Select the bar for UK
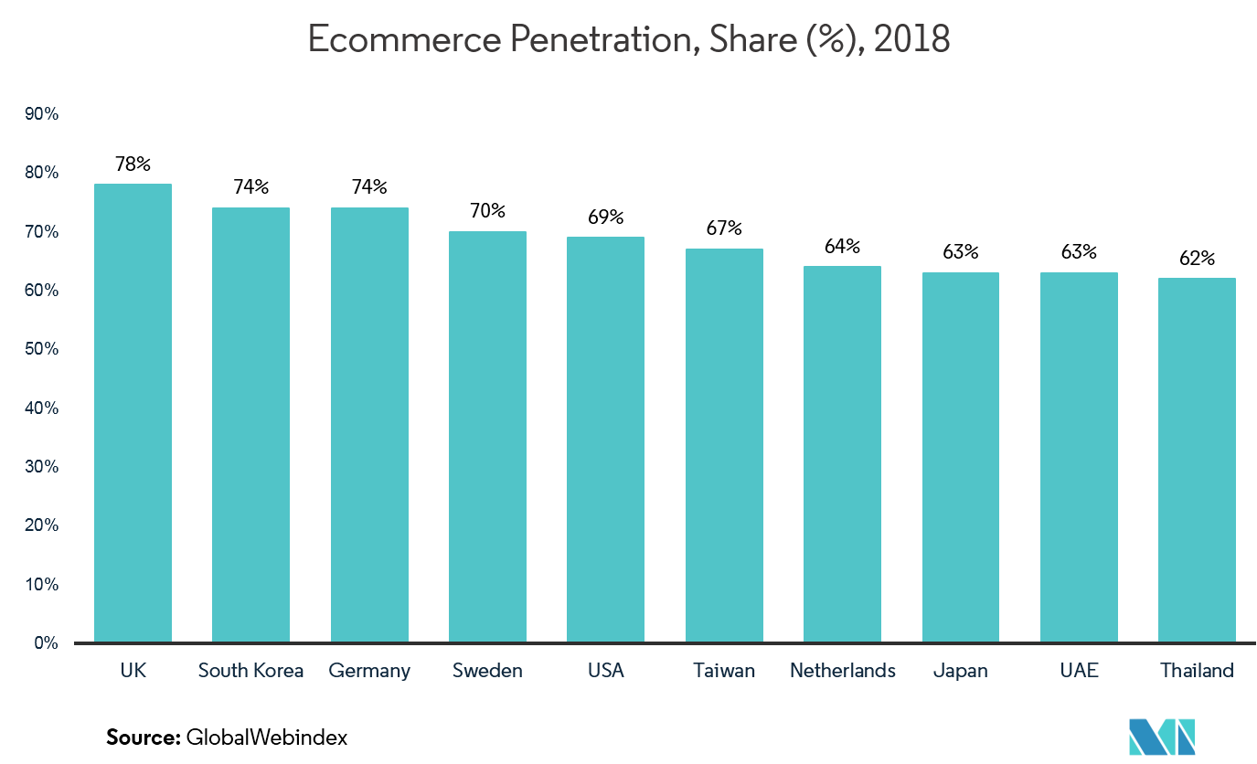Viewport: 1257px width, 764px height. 133,413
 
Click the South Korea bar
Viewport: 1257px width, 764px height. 250,425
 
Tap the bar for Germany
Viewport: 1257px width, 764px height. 369,425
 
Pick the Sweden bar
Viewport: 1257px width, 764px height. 487,437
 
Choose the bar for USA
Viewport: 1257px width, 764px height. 605,440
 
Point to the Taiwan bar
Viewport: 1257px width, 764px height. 724,445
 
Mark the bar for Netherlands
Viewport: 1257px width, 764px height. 842,454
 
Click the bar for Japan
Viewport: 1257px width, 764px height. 960,457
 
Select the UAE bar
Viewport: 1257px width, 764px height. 1079,457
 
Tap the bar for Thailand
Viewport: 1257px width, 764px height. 1197,460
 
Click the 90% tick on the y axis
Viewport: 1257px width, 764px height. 42,114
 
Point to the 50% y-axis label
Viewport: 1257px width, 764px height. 42,349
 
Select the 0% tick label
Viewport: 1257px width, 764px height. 46,643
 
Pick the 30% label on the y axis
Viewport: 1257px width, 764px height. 42,467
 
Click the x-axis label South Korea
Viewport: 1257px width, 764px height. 250,671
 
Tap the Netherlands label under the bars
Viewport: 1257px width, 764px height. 842,671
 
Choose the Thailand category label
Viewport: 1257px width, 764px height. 1197,671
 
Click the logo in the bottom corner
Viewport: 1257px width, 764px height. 1162,742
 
